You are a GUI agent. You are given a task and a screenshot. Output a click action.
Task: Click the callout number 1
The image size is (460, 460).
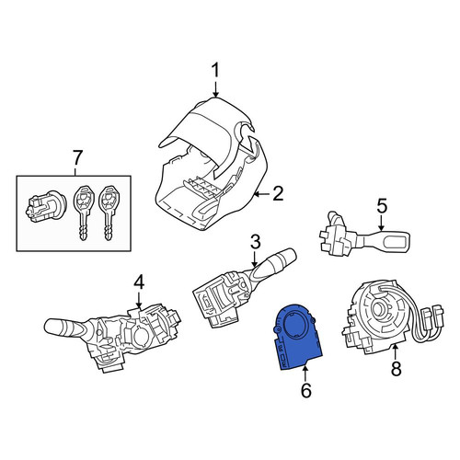[216, 70]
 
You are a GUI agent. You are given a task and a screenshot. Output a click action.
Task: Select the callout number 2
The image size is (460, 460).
[278, 193]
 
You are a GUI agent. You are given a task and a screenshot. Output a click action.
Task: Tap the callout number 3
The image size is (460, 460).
[256, 242]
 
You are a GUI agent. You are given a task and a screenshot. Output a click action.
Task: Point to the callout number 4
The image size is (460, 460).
[139, 282]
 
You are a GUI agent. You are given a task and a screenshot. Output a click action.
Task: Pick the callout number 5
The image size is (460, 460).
[382, 206]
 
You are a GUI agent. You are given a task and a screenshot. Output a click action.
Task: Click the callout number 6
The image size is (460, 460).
[306, 390]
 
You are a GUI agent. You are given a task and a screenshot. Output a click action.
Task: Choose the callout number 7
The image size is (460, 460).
[76, 157]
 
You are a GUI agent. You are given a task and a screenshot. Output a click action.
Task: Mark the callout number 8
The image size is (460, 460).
[396, 369]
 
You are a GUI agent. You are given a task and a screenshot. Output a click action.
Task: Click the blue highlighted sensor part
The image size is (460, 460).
[296, 338]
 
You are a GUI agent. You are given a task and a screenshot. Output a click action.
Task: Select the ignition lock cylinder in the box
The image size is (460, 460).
[45, 205]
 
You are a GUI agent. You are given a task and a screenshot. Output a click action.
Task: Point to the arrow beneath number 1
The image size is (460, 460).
[216, 89]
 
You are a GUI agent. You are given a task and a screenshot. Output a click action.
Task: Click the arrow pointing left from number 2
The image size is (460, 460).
[262, 194]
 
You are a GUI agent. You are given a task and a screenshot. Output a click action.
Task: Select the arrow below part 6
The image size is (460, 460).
[305, 374]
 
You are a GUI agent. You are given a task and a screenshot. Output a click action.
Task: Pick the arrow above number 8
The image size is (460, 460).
[396, 351]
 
